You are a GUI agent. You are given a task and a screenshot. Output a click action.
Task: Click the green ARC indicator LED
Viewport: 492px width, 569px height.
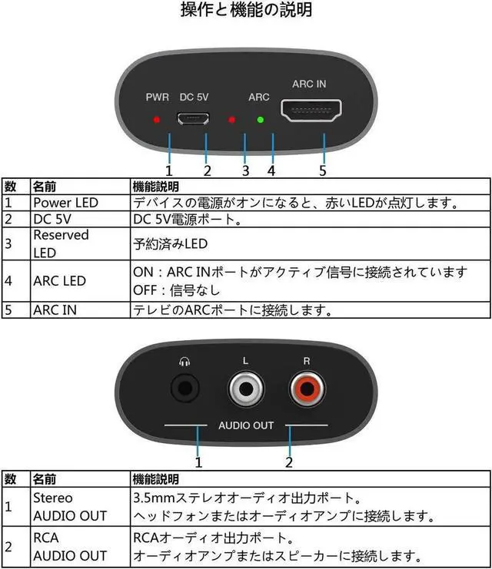pyautogui.click(x=261, y=120)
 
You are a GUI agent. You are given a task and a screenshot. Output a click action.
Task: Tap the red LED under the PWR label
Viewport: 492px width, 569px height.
pyautogui.click(x=157, y=121)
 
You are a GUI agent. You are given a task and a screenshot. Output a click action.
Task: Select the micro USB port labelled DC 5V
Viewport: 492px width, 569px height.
pyautogui.click(x=193, y=120)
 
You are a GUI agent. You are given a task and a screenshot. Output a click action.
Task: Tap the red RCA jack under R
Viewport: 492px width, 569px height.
pyautogui.click(x=307, y=389)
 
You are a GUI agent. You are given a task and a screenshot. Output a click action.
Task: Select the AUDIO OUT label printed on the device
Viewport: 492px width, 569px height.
pyautogui.click(x=246, y=425)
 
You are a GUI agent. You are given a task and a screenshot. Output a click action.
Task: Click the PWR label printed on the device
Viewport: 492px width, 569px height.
pyautogui.click(x=157, y=98)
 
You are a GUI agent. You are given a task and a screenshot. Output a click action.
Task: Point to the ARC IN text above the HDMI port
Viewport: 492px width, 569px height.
pyautogui.click(x=309, y=83)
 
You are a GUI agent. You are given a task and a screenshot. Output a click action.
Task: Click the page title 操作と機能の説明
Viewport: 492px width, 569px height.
pyautogui.click(x=246, y=11)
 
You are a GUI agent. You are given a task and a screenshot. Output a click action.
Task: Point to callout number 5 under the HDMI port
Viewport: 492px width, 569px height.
pyautogui.click(x=323, y=170)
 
